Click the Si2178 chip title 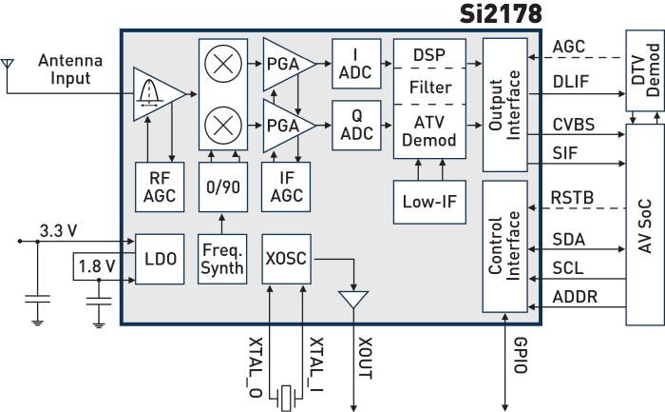501,14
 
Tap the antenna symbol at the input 8,64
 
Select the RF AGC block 160,186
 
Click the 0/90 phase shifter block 223,186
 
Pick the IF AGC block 286,186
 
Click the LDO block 160,259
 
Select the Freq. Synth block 222,259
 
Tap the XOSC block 286,259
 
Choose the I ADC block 356,64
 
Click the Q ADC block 356,126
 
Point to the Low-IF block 429,202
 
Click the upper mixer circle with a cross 223,64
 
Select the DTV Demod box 645,70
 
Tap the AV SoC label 645,226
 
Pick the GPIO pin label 521,356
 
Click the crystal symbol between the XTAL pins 286,398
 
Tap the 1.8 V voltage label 97,266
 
